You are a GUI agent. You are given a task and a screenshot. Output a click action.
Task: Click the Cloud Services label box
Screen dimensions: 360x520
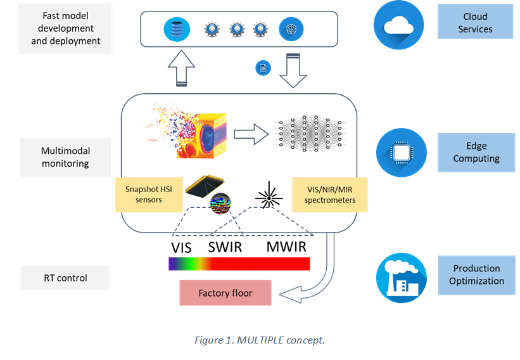click(x=475, y=23)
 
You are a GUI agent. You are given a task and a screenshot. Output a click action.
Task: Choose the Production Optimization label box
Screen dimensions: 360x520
click(x=476, y=275)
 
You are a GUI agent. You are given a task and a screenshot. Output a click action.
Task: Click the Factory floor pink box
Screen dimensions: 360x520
click(x=225, y=293)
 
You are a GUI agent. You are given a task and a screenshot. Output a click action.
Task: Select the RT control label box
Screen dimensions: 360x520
click(x=65, y=278)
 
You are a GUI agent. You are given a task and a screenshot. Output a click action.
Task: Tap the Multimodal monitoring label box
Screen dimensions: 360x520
click(x=65, y=157)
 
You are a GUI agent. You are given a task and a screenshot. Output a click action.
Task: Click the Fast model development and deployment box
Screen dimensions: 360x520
click(x=65, y=28)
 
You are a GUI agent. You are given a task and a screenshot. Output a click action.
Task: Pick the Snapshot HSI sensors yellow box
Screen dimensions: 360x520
click(x=148, y=194)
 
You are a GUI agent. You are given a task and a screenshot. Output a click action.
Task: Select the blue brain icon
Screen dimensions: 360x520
click(x=291, y=29)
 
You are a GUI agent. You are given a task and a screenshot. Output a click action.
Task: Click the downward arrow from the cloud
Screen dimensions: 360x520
click(x=292, y=70)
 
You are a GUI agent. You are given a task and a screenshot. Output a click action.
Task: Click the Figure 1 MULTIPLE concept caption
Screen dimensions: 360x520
click(x=260, y=340)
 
